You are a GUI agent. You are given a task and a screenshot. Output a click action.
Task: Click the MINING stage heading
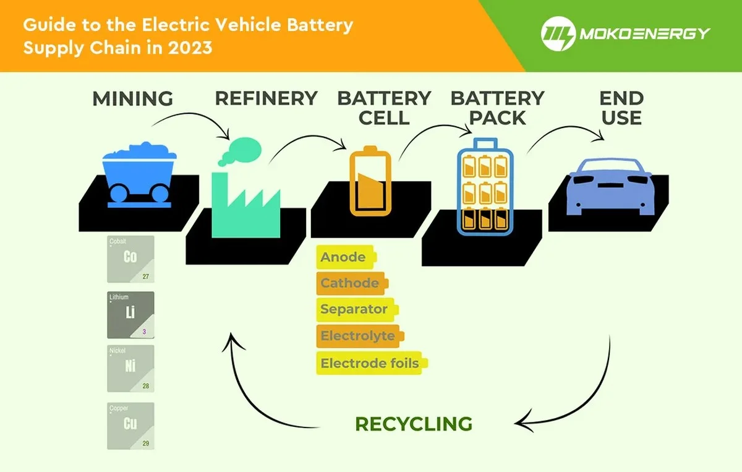132,98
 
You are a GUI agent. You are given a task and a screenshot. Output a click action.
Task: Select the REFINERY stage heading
266,98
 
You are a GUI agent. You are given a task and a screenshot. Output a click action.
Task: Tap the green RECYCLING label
413,424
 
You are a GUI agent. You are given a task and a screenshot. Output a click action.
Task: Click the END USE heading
621,108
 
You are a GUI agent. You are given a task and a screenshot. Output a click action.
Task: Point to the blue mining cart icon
137,173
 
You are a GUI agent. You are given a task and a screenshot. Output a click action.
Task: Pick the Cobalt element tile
130,259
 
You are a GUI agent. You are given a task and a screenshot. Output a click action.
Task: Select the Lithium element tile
130,314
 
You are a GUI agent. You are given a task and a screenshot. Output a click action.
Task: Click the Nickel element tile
130,368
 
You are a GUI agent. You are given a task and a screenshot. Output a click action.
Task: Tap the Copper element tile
130,425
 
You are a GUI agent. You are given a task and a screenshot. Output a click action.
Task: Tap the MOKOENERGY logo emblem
558,33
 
